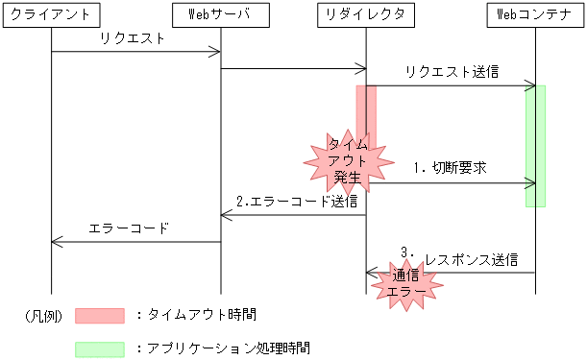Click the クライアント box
point(51,14)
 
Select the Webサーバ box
point(221,14)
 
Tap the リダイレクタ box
point(366,14)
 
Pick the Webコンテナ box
point(534,14)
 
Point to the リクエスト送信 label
point(452,72)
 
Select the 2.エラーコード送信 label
point(297,201)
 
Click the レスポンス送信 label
point(471,259)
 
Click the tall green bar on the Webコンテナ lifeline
point(536,144)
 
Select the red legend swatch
point(100,314)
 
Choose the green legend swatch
point(100,348)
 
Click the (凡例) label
point(41,314)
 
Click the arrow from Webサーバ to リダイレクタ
point(294,68)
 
